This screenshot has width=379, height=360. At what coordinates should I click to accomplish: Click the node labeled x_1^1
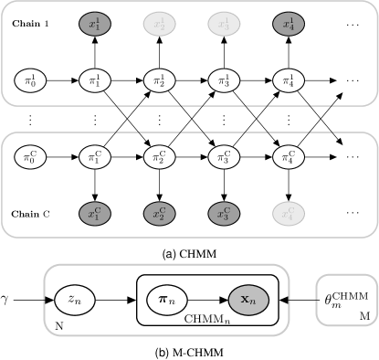point(95,24)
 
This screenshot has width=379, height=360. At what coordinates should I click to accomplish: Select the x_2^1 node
point(159,24)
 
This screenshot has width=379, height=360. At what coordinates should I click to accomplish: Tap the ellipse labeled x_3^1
point(224,24)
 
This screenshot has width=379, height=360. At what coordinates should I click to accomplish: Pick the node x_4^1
point(289,24)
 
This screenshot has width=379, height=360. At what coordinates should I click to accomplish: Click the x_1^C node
point(95,214)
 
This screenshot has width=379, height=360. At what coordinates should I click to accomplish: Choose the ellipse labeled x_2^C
point(159,214)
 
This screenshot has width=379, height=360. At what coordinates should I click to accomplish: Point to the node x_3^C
point(224,214)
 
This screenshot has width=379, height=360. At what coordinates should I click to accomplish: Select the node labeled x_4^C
point(289,214)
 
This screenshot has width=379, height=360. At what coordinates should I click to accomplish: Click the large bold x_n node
point(248,300)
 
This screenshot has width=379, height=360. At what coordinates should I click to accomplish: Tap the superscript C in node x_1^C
point(99,210)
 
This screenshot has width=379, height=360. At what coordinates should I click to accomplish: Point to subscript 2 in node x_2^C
point(162,218)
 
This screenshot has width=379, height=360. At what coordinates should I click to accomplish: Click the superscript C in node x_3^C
point(227,210)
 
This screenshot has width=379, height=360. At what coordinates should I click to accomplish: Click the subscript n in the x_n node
point(253,302)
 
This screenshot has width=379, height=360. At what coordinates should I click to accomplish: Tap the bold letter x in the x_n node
point(245,299)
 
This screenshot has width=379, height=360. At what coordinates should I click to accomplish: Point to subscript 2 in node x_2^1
point(162,27)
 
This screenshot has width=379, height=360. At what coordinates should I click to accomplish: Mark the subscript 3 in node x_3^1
point(226,27)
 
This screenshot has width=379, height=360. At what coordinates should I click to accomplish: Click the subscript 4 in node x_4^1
point(291,27)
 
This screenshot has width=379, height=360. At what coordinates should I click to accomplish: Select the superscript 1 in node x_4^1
point(291,20)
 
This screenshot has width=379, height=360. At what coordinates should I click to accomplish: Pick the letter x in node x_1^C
point(91,215)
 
